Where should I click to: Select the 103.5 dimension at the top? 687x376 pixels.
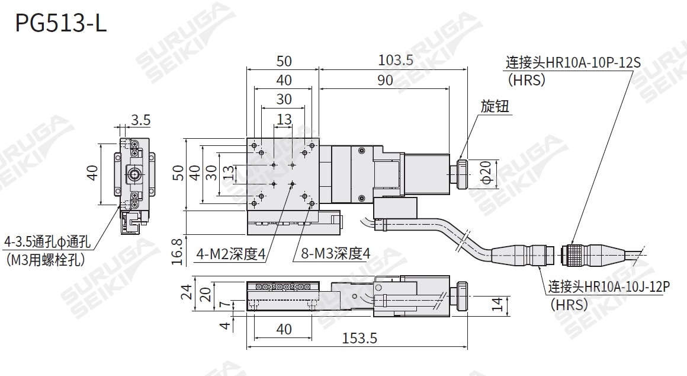[396, 60]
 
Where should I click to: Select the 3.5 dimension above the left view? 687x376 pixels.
[140, 120]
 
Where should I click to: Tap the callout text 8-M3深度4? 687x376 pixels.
[335, 254]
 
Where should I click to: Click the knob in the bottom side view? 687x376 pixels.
[460, 296]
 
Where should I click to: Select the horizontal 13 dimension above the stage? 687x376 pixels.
[284, 119]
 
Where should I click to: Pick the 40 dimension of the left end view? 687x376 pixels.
[92, 173]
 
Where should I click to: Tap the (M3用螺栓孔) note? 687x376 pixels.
[45, 259]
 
